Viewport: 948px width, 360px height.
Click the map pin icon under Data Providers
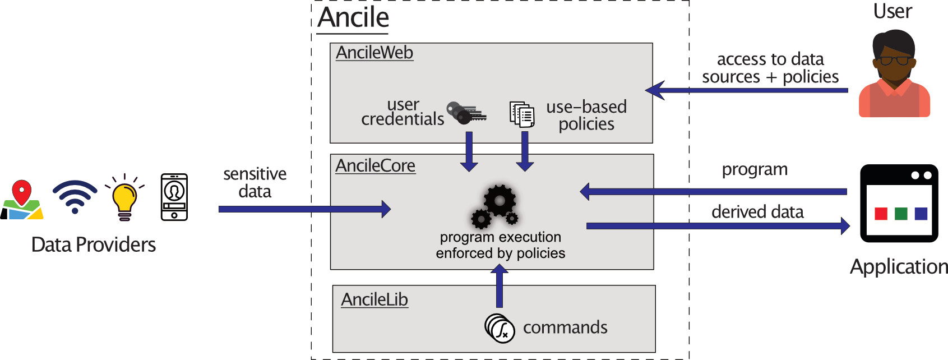tap(22, 200)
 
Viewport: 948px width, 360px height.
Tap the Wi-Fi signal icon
tap(75, 197)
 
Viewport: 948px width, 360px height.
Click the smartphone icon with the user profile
tap(174, 197)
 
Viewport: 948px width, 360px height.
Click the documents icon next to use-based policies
tap(521, 114)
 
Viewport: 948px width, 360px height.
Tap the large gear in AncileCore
tap(500, 200)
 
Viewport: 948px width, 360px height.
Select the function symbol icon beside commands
tap(500, 328)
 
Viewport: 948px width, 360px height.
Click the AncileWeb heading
tap(374, 53)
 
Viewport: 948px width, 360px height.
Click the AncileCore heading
tap(375, 166)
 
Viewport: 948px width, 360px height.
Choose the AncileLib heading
tap(374, 299)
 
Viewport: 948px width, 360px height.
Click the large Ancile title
tap(353, 17)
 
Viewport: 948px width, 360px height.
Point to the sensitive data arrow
tap(303, 209)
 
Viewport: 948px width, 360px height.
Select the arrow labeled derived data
tap(718, 226)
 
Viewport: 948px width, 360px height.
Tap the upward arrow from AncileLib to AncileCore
tap(499, 286)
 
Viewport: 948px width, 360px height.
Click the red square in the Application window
tap(881, 214)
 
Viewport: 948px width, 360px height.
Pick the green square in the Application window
tap(901, 214)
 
